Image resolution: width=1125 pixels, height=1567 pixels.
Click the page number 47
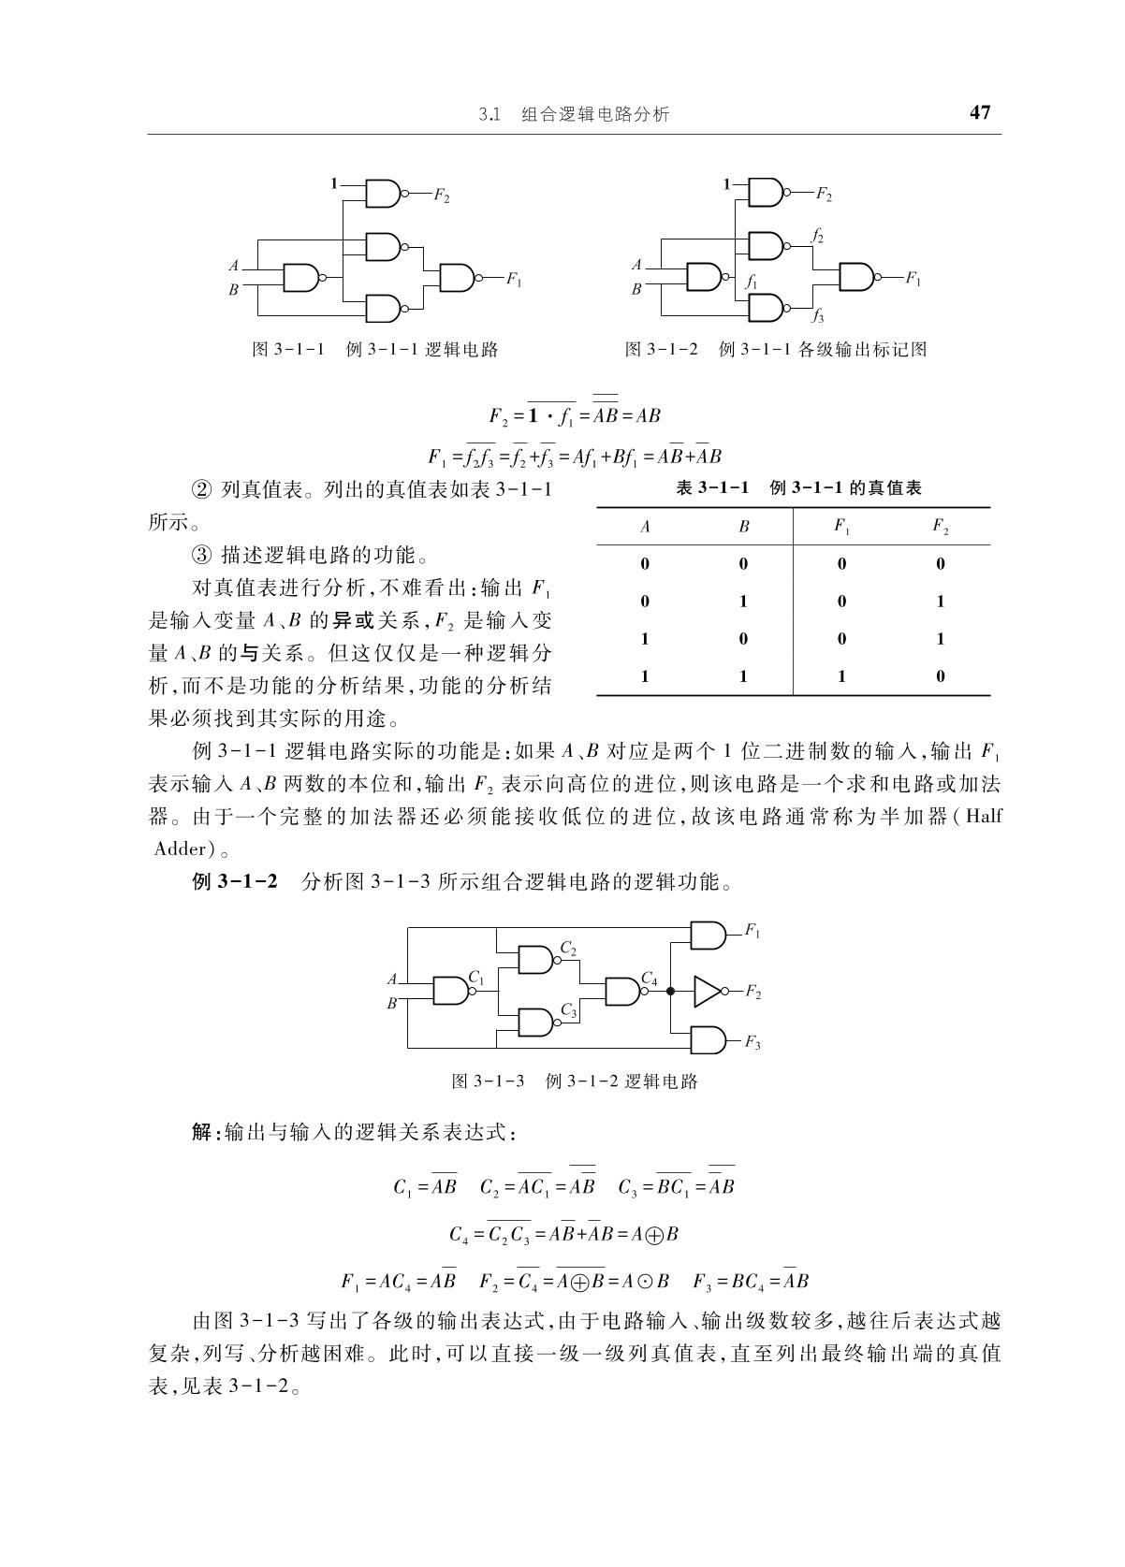click(x=980, y=113)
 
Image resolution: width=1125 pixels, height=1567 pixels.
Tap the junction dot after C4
click(x=670, y=991)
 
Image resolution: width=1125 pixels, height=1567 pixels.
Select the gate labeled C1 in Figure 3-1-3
click(x=450, y=991)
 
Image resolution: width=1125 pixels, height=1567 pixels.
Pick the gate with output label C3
click(x=535, y=1023)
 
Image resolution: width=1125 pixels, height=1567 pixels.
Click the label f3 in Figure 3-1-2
click(x=818, y=315)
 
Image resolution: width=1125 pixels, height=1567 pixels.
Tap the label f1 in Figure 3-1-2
click(x=751, y=281)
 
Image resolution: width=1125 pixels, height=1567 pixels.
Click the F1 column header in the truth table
click(x=841, y=527)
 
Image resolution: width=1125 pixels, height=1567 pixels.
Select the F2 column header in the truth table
click(x=941, y=527)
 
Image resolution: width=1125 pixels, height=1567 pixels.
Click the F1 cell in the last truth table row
click(x=841, y=675)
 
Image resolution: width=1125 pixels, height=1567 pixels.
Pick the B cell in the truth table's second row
click(x=743, y=602)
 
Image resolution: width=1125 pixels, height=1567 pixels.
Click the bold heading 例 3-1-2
click(x=235, y=882)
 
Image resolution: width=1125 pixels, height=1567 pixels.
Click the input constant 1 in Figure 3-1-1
click(x=333, y=183)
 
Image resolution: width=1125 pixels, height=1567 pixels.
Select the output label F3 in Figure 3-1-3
click(x=752, y=1044)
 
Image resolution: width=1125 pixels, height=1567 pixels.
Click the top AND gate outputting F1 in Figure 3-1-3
click(x=708, y=935)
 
